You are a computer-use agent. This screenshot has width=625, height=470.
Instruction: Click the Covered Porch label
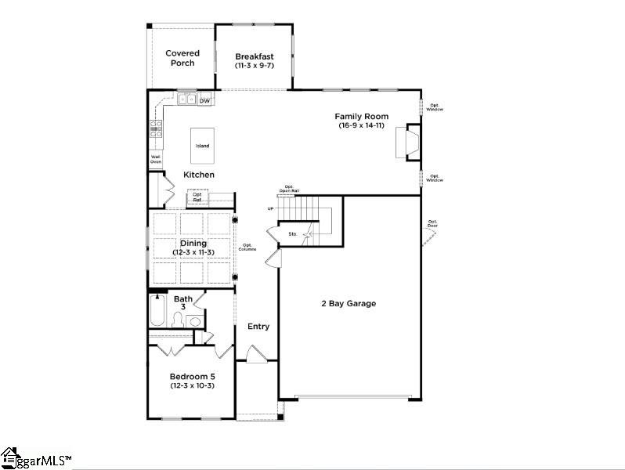click(182, 58)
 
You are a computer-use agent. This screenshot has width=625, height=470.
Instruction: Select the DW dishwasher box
click(204, 100)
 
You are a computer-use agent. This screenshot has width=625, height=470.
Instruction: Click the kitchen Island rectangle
click(202, 146)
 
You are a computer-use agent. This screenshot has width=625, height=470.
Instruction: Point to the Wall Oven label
click(156, 159)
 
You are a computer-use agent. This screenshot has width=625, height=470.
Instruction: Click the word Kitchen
click(199, 175)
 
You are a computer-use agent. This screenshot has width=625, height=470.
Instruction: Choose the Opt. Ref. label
click(197, 197)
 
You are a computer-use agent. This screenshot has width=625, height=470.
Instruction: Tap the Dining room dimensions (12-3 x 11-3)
click(193, 252)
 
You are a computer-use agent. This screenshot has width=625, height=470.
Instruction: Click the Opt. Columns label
click(247, 248)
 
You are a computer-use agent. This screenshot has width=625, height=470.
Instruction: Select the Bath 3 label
click(183, 302)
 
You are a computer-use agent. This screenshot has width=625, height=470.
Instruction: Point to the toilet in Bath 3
click(177, 319)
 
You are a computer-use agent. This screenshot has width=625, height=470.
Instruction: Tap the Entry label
click(258, 326)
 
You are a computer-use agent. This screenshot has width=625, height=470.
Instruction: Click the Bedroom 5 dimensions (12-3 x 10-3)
click(192, 385)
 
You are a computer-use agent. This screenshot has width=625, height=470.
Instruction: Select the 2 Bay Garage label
click(349, 303)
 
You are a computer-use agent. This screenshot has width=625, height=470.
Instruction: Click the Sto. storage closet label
click(293, 233)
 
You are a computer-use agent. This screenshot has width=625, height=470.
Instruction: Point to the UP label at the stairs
click(271, 209)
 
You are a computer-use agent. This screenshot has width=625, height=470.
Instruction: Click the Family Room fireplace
click(410, 142)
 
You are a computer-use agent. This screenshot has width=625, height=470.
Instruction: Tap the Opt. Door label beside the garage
click(432, 224)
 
